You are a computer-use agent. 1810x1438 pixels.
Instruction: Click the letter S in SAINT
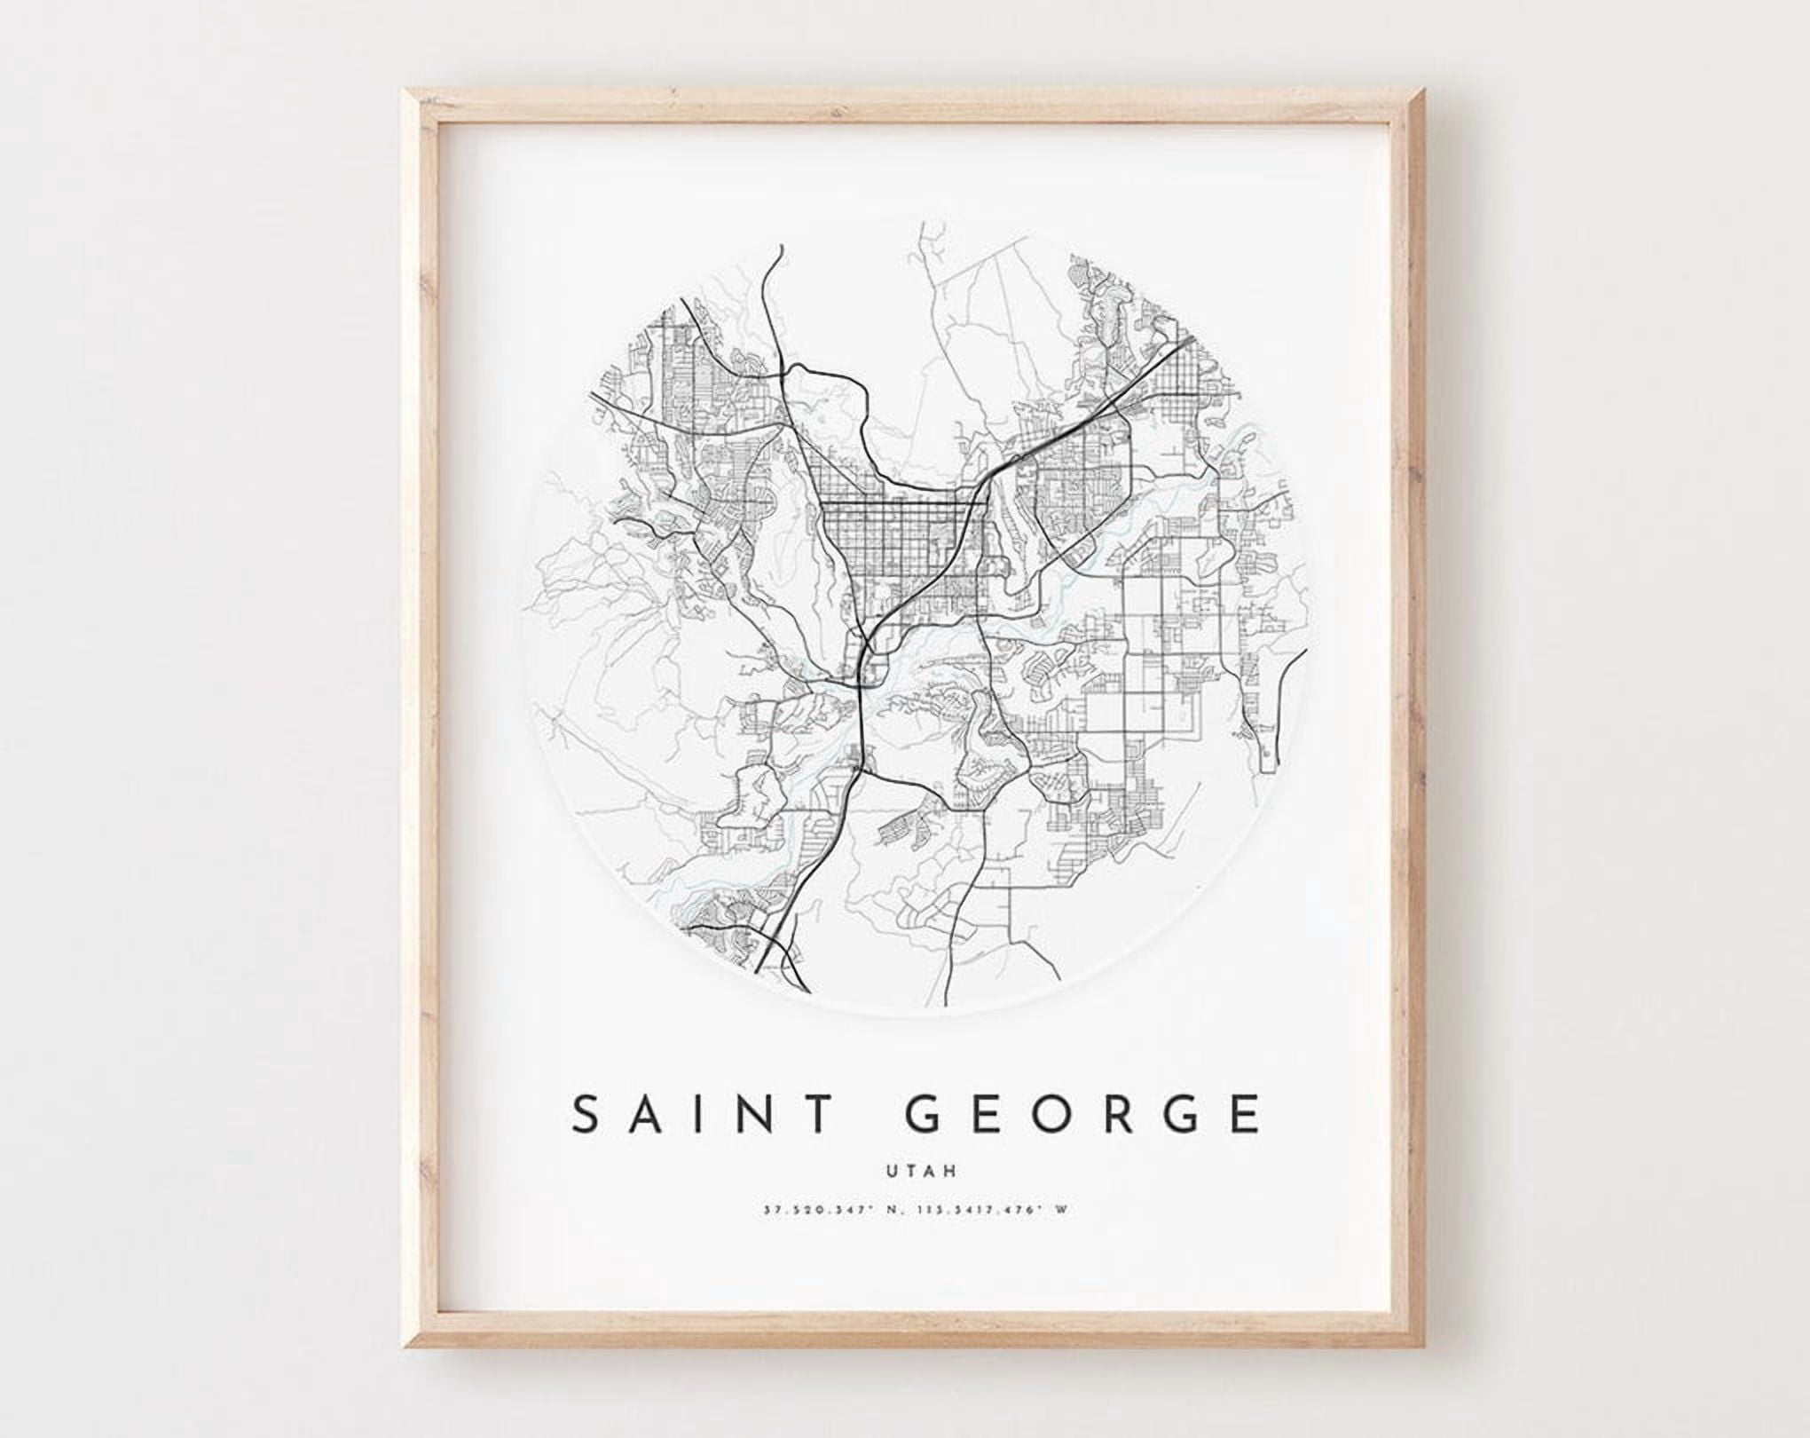[x=589, y=1114]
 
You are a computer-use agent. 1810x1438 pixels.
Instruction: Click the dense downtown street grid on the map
[x=896, y=537]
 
